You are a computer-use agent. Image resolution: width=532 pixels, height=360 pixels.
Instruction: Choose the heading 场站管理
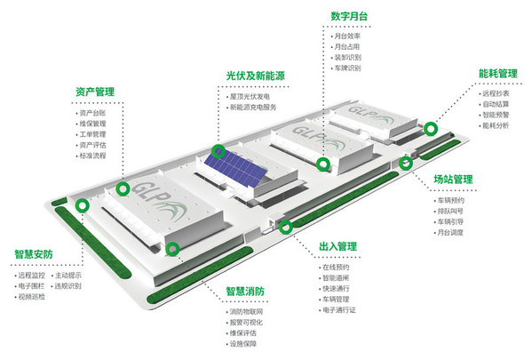pyautogui.click(x=452, y=180)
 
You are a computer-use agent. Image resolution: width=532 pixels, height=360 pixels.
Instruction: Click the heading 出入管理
pyautogui.click(x=337, y=245)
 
